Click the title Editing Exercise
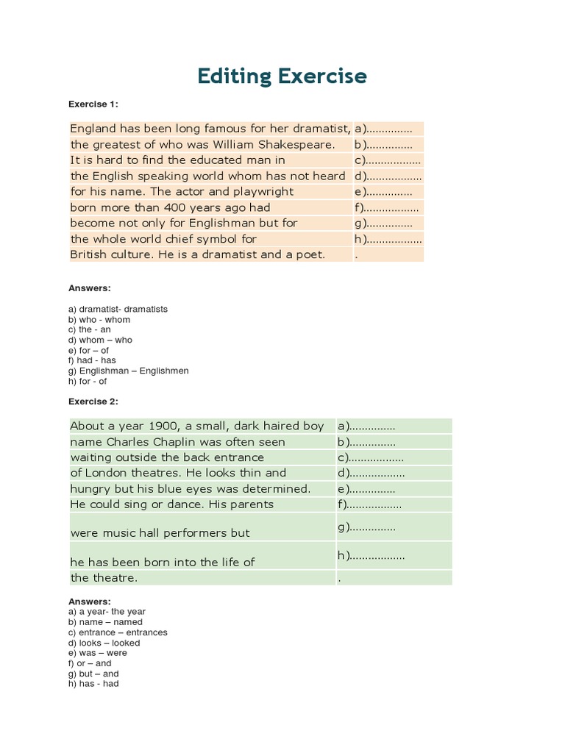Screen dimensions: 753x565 [282, 76]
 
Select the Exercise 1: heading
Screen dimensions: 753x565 [93, 104]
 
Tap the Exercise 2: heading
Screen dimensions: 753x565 [93, 402]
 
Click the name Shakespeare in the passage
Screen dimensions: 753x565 [298, 144]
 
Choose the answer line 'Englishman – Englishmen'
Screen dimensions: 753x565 [128, 371]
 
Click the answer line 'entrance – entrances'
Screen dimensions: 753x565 [118, 632]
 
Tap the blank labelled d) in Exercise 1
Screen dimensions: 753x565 [388, 176]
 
